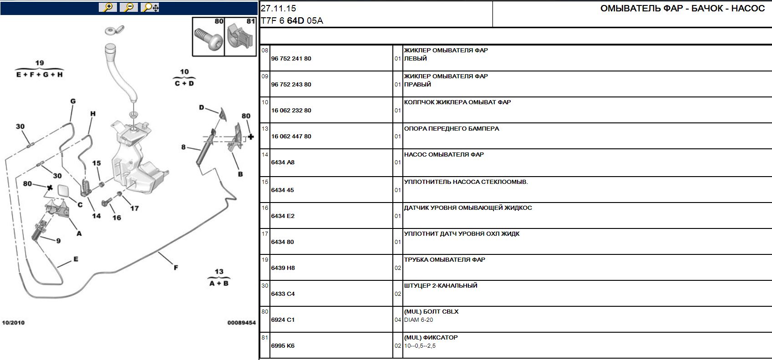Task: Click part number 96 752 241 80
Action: tap(291, 59)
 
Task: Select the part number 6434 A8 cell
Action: tap(283, 162)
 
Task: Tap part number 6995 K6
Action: tap(283, 346)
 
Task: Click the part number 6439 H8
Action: tap(283, 268)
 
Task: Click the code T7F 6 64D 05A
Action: tap(292, 21)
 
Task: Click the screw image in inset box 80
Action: tap(208, 39)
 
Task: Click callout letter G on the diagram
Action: tap(73, 101)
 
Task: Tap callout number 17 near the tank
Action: tap(134, 208)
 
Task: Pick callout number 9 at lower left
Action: tap(58, 241)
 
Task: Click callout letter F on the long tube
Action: tap(176, 268)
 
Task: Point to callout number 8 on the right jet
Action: tap(183, 147)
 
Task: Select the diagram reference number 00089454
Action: tap(241, 323)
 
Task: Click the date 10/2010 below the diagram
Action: tap(13, 323)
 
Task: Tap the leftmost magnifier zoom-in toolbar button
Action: tap(108, 7)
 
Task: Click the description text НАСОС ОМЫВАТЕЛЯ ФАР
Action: tap(444, 155)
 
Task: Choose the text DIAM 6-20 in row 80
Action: tap(418, 320)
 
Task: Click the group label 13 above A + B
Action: tap(219, 272)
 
